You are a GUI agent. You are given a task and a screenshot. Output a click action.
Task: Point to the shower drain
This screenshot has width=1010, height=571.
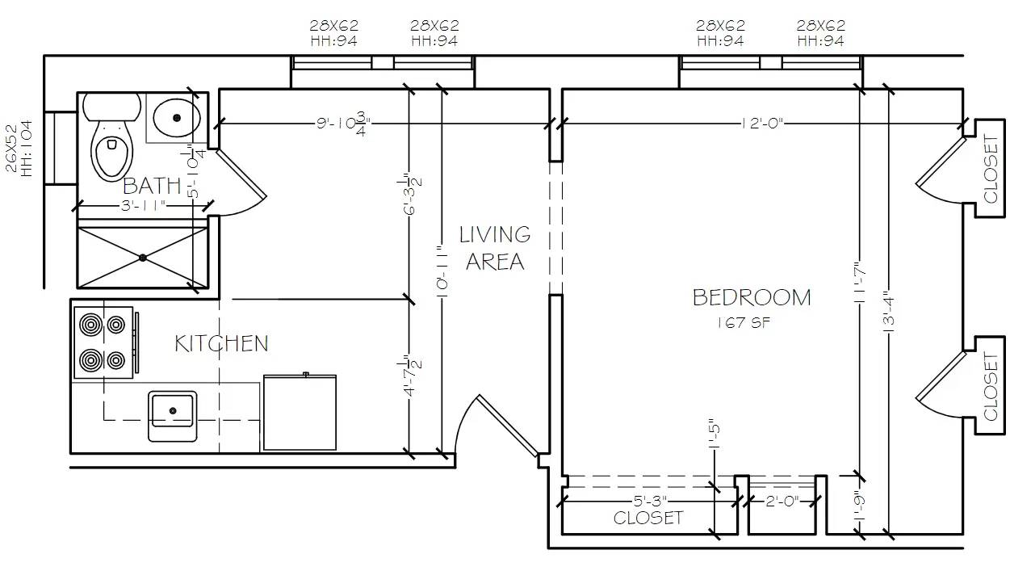(143, 258)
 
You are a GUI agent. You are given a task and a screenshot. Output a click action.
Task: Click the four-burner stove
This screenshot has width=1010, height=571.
(103, 342)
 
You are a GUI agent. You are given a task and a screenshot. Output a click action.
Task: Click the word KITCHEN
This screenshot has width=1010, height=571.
(221, 343)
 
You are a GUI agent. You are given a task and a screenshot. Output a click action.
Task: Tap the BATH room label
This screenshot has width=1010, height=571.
(152, 187)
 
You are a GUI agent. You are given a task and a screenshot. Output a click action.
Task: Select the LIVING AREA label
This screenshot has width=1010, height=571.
(495, 248)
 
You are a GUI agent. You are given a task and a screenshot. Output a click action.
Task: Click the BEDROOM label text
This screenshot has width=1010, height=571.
(752, 297)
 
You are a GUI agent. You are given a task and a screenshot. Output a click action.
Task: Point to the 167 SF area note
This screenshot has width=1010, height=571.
(740, 323)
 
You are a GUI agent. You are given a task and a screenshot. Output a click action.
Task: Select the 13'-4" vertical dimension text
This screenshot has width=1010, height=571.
(888, 313)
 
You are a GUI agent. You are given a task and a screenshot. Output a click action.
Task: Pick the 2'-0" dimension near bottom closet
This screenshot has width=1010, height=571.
(781, 501)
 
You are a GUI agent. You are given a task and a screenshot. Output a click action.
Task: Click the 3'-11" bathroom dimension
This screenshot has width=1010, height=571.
(143, 206)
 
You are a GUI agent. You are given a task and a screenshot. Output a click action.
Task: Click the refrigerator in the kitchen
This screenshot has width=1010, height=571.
(300, 412)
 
